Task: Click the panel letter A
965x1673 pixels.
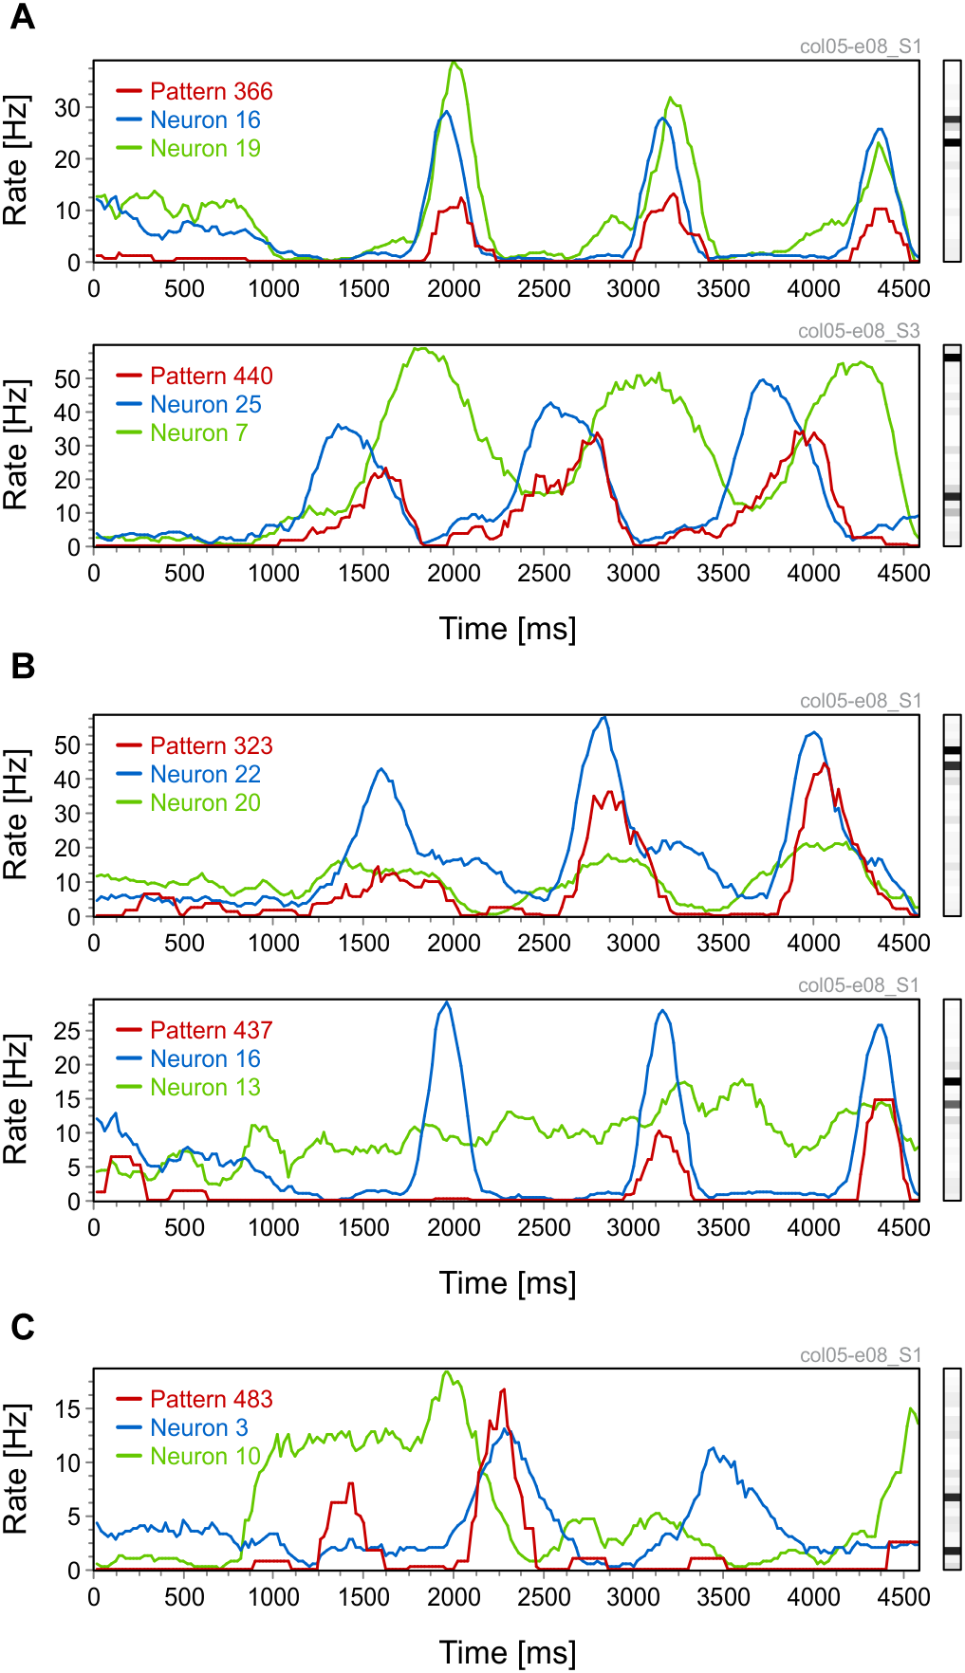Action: tap(22, 17)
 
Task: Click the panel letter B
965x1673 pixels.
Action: tap(22, 667)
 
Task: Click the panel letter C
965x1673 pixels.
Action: tap(22, 1327)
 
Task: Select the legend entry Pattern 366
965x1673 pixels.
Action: tap(211, 91)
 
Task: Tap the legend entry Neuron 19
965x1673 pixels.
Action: tap(205, 148)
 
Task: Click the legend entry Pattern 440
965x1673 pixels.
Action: tap(211, 376)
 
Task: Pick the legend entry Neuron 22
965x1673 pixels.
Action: tap(205, 774)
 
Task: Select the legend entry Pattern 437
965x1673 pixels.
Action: tap(211, 1030)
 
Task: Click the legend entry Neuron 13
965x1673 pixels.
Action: tap(205, 1087)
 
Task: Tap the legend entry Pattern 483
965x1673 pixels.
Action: tap(211, 1399)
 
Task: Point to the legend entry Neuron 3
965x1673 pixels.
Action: tap(198, 1427)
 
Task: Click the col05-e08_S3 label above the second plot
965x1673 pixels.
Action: tap(859, 331)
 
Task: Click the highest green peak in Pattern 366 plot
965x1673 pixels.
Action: tap(455, 63)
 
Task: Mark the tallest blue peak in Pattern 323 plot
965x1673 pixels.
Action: tap(603, 717)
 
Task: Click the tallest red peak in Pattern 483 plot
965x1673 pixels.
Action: tap(503, 1389)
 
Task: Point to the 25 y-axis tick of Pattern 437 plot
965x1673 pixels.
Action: tap(67, 1030)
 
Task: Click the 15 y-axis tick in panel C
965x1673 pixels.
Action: tap(67, 1408)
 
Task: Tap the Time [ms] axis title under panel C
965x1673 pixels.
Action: tap(507, 1652)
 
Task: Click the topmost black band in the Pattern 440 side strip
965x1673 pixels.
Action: tap(952, 358)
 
